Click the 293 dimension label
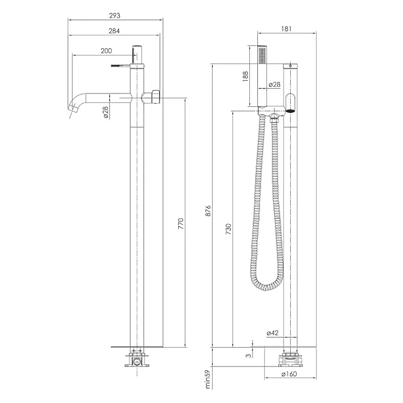(x=114, y=16)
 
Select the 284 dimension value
(x=114, y=31)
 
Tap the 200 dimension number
(x=106, y=51)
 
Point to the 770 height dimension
(x=181, y=224)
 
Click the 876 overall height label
(x=208, y=211)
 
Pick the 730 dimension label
(x=228, y=229)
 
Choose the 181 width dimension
(x=286, y=29)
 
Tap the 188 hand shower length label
(x=246, y=76)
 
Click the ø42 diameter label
(x=272, y=333)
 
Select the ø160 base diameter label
(x=289, y=373)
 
